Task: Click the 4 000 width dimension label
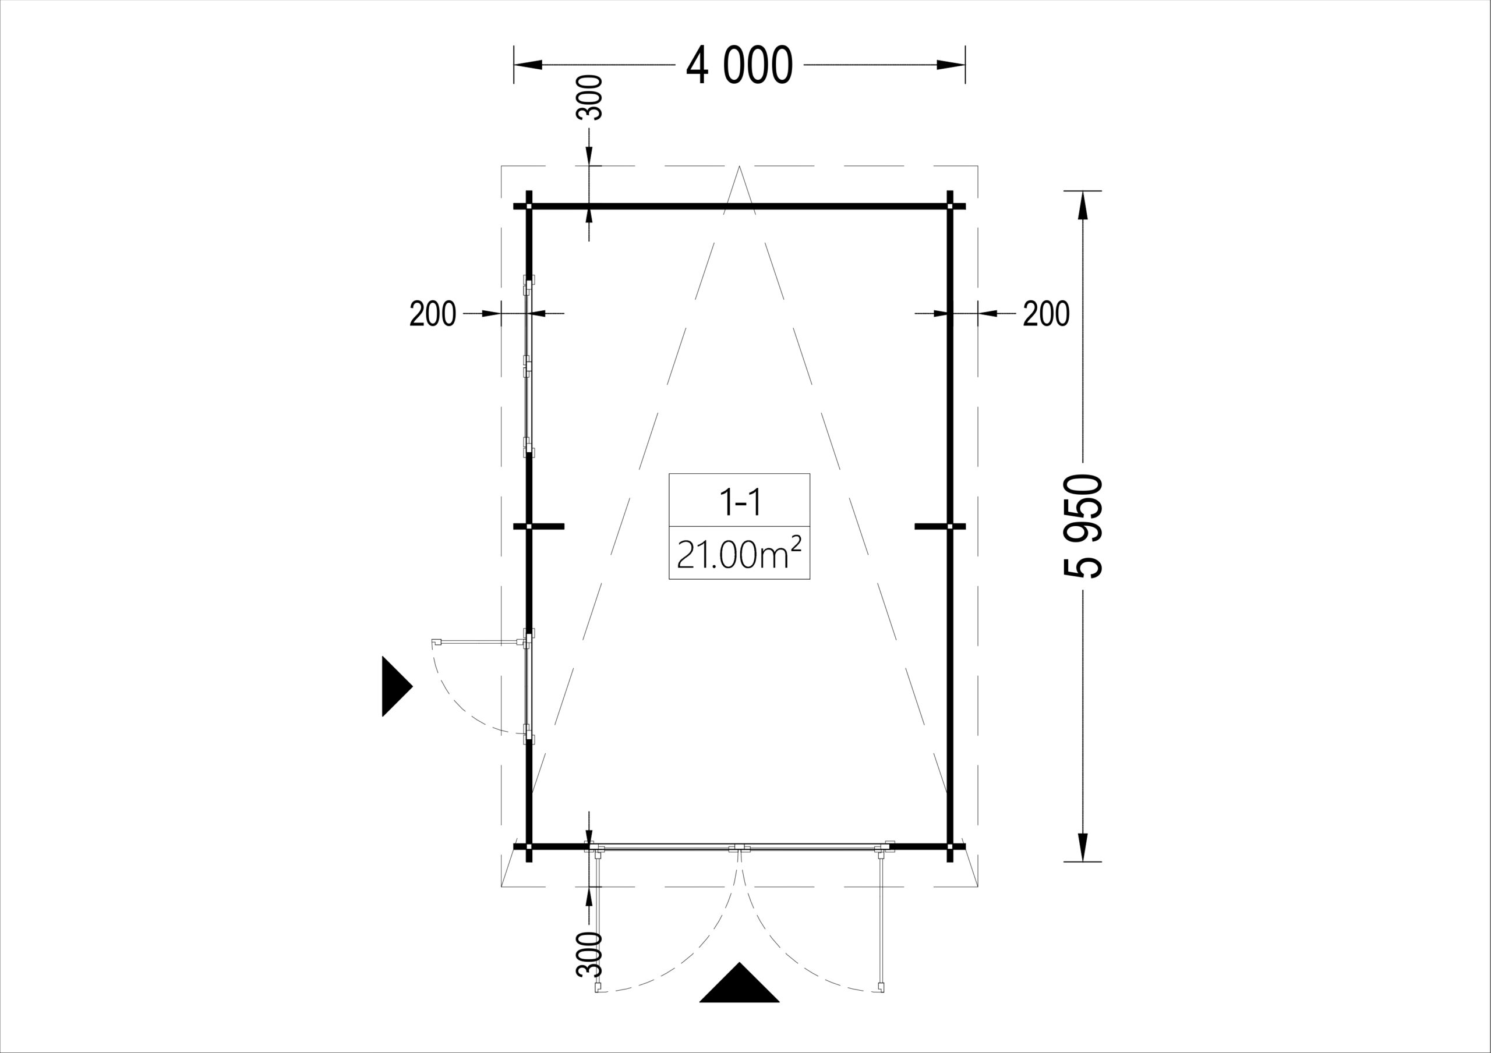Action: pos(739,66)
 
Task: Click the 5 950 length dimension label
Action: pos(1083,526)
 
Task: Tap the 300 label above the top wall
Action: pos(589,97)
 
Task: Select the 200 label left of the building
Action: pos(433,314)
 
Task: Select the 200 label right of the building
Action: pos(1046,314)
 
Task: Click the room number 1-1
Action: pos(740,502)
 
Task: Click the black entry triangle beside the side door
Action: pos(397,686)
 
